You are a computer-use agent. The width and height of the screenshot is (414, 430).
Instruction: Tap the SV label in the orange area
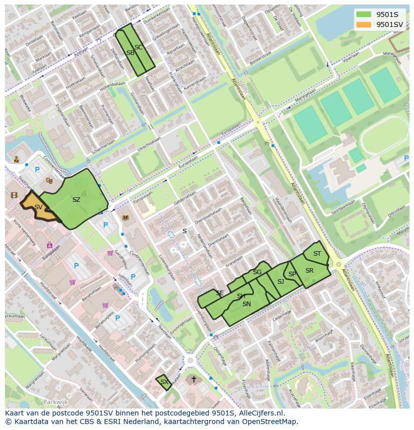pos(38,207)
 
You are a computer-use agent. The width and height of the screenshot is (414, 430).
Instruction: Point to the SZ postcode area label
pos(76,200)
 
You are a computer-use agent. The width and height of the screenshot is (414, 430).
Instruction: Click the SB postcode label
pos(130,53)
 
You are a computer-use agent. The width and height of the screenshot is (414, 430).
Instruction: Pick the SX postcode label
pos(164,382)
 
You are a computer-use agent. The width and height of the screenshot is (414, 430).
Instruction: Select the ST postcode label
pos(317,254)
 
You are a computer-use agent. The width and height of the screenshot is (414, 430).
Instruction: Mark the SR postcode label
pos(309,271)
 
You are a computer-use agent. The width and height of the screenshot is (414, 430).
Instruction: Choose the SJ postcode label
pos(280,282)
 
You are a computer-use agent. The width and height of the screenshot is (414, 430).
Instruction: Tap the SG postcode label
pos(257,272)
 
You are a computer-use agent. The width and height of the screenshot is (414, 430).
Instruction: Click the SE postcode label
pos(219,293)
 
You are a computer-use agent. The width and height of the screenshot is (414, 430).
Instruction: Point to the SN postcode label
pos(246,304)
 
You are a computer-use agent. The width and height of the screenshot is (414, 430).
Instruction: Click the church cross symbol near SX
pos(193,380)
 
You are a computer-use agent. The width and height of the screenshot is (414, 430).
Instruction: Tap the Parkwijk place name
pos(55,402)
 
